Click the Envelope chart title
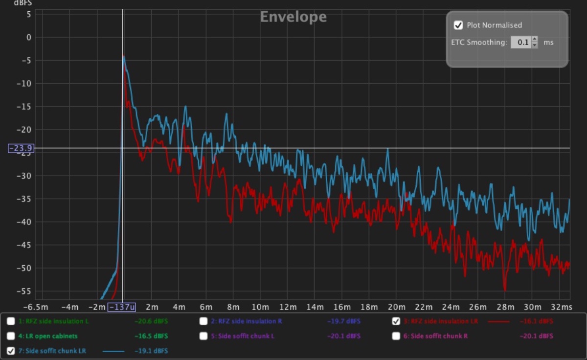click(293, 17)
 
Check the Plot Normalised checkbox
click(458, 25)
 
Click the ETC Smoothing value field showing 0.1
click(520, 43)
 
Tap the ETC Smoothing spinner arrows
click(535, 43)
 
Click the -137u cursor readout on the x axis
click(122, 307)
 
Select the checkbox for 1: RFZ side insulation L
click(11, 321)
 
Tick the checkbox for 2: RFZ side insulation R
click(203, 321)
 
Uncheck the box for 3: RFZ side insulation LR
click(396, 321)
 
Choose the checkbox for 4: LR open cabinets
click(11, 336)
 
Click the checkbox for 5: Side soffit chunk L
click(203, 336)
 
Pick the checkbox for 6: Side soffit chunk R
click(396, 336)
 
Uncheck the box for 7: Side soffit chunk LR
click(11, 351)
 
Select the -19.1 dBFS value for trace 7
click(151, 351)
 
